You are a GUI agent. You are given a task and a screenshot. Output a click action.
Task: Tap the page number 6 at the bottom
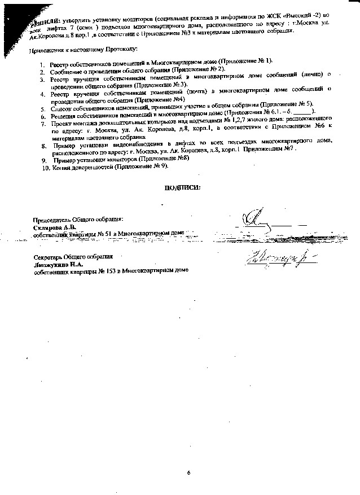(190, 472)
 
